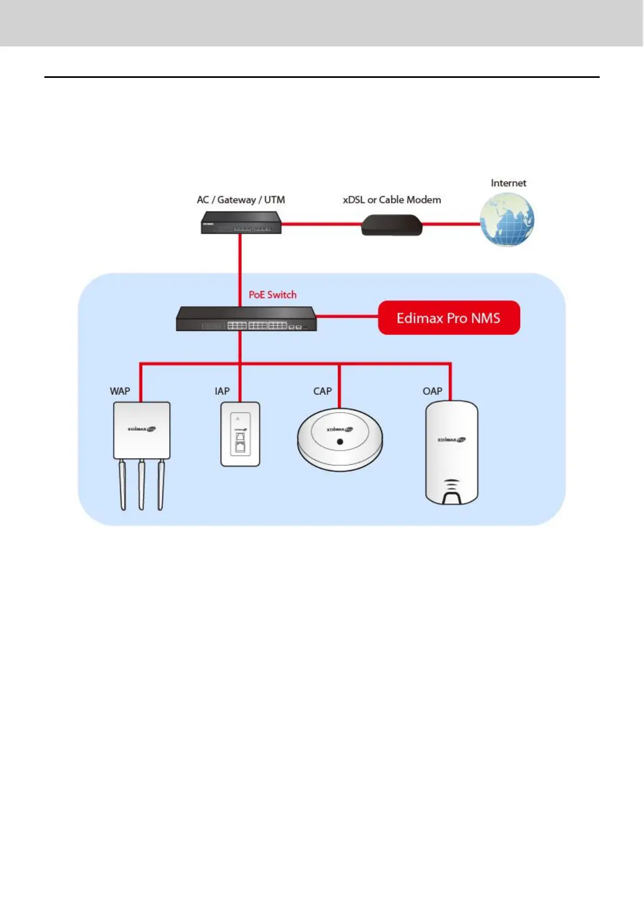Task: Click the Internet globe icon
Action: click(507, 220)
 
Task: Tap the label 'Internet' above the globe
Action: click(508, 183)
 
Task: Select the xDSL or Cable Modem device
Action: click(391, 225)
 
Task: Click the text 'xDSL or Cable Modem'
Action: click(391, 200)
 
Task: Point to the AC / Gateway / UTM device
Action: click(241, 223)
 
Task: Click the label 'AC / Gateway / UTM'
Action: click(241, 200)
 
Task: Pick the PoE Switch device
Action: click(246, 319)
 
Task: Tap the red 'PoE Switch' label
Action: click(273, 295)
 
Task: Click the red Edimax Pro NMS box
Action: click(449, 318)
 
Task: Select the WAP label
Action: click(120, 391)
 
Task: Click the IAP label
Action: click(222, 391)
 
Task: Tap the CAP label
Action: click(322, 391)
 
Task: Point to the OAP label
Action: click(433, 391)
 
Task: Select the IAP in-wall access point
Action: click(240, 434)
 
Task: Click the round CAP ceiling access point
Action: click(340, 439)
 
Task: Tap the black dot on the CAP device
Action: click(340, 442)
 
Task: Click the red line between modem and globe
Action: click(451, 224)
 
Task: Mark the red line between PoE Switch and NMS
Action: click(347, 316)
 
